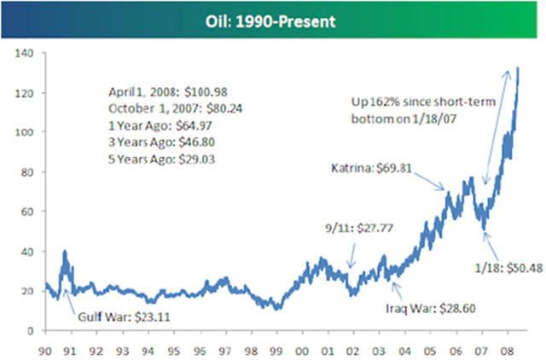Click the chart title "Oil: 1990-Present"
270,21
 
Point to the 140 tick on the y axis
24,53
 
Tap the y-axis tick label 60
26,212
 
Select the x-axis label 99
276,351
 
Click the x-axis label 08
508,351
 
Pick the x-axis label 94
148,351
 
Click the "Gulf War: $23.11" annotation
124,316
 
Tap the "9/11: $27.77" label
359,228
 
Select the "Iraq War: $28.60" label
431,309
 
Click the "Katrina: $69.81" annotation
371,168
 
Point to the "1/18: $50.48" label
508,268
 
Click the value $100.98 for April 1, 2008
206,92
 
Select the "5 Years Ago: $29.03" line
161,160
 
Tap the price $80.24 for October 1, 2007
224,108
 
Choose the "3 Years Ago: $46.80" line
161,142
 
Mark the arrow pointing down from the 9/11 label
352,256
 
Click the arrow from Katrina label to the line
429,181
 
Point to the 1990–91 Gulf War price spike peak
65,252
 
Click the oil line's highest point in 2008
518,68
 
